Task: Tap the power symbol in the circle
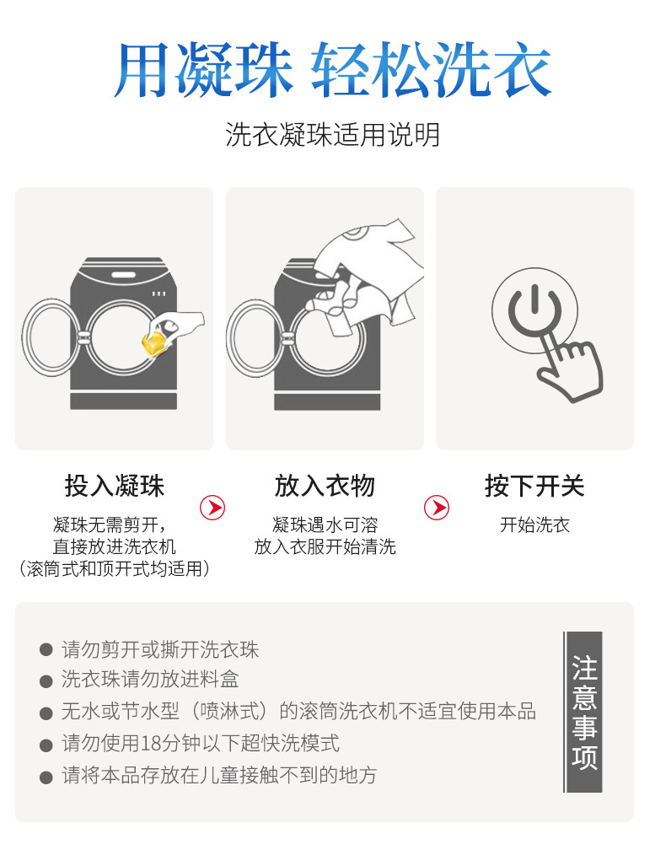pos(533,315)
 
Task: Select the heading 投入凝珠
pos(114,486)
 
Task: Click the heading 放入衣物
pos(325,486)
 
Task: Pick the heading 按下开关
pos(534,486)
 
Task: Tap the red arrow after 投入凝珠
pos(212,508)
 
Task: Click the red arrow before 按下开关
pos(436,508)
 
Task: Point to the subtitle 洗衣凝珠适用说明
pos(332,135)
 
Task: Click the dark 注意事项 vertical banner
pos(583,713)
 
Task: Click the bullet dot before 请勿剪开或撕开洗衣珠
pos(46,651)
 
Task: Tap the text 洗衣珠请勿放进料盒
pos(150,680)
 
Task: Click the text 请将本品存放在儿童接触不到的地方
pos(219,776)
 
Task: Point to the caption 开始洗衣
pos(534,525)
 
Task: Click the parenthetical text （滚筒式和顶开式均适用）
pos(114,569)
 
